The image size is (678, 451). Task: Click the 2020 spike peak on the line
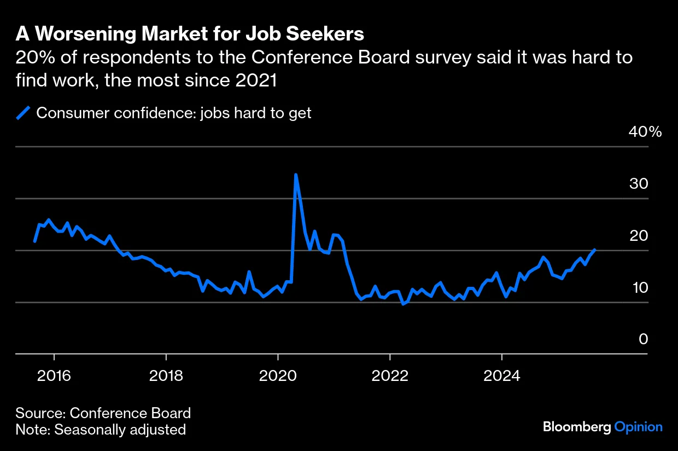(x=296, y=175)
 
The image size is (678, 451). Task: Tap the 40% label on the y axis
(x=645, y=132)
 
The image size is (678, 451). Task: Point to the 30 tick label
(x=638, y=184)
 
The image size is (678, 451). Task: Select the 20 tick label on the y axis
(x=638, y=236)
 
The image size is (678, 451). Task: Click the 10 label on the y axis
(x=638, y=288)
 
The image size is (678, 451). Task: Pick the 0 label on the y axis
(x=643, y=340)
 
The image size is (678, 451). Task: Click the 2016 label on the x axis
(x=54, y=375)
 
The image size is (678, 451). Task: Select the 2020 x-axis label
(x=278, y=375)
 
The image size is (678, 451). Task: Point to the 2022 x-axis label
(x=390, y=375)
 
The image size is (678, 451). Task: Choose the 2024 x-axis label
(x=501, y=375)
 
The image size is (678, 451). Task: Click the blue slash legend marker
(x=23, y=113)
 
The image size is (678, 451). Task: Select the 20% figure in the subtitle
(x=32, y=57)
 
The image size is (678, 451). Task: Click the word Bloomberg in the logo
(x=576, y=427)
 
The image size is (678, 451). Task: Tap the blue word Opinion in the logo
(x=638, y=427)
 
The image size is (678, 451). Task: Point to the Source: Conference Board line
(x=103, y=413)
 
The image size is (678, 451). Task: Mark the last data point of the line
(x=594, y=250)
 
